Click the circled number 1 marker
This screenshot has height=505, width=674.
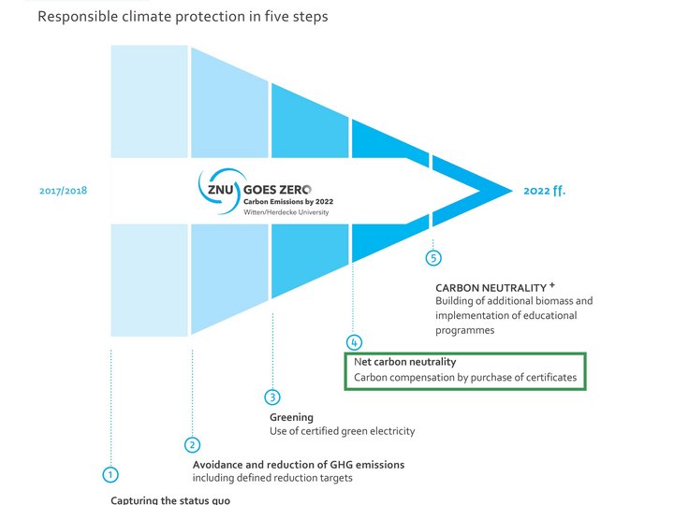pyautogui.click(x=110, y=474)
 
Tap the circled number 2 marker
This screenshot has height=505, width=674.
pyautogui.click(x=192, y=444)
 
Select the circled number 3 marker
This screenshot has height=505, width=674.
pyautogui.click(x=272, y=397)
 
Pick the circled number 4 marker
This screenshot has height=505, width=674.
pyautogui.click(x=354, y=342)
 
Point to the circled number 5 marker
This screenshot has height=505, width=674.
pyautogui.click(x=433, y=258)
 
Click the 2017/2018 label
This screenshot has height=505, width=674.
pyautogui.click(x=64, y=191)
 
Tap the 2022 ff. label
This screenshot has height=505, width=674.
pyautogui.click(x=545, y=191)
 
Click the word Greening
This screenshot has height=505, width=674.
pyautogui.click(x=291, y=417)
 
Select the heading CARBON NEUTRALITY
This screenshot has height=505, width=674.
pyautogui.click(x=491, y=288)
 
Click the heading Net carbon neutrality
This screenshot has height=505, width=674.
pyautogui.click(x=405, y=362)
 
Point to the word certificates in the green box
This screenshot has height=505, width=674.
pyautogui.click(x=550, y=378)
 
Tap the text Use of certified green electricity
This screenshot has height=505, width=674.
pyautogui.click(x=343, y=431)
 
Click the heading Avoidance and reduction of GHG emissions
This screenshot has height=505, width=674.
pyautogui.click(x=299, y=465)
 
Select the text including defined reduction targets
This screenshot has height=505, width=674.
pyautogui.click(x=272, y=478)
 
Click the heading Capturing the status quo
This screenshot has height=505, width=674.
pyautogui.click(x=170, y=500)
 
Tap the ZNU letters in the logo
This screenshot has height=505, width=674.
pyautogui.click(x=221, y=189)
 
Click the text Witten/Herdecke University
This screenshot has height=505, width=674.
pyautogui.click(x=286, y=212)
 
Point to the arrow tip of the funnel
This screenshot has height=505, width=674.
pyautogui.click(x=512, y=191)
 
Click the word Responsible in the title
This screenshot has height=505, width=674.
pyautogui.click(x=78, y=17)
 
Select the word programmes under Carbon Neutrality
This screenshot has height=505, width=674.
pyautogui.click(x=464, y=331)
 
